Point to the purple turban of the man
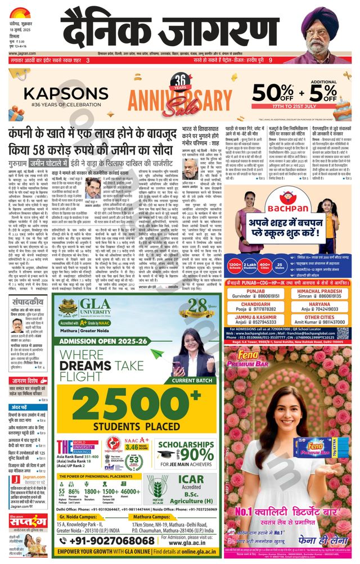(325, 17)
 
